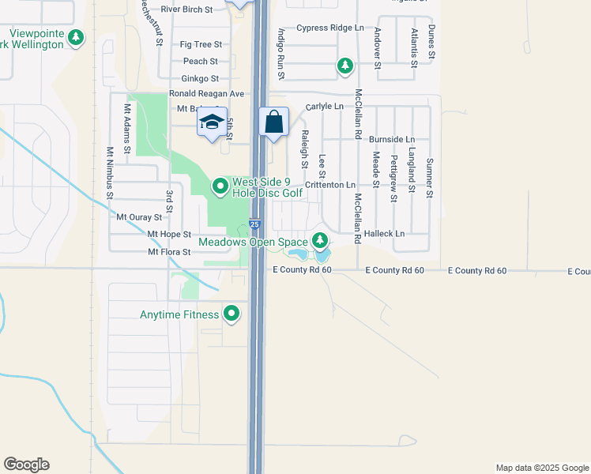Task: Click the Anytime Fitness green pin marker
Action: pos(232,314)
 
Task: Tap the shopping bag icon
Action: pos(273,122)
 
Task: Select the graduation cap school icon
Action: pos(212,122)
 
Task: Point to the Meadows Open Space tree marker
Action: pos(319,240)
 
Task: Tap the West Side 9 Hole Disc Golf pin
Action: pos(220,186)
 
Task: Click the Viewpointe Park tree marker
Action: pos(76,37)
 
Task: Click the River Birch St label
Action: pos(187,9)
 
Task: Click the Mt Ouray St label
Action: pos(139,216)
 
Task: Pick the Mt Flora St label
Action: pos(169,252)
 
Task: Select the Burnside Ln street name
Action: pos(391,139)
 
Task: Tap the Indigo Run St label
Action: pos(280,55)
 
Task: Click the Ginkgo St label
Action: pos(199,78)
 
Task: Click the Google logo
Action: pos(26,465)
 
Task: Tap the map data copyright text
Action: pos(541,468)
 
